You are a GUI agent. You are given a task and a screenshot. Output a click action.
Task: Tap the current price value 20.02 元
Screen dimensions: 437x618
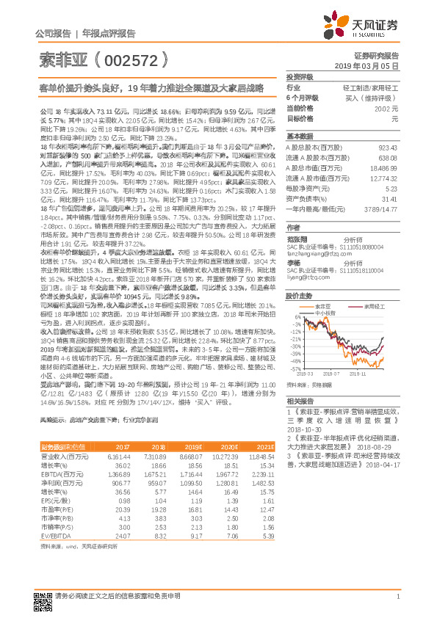385,107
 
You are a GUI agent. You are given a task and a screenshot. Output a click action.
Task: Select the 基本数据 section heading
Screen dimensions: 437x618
300,137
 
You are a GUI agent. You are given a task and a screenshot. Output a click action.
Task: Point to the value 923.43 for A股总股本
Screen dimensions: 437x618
387,148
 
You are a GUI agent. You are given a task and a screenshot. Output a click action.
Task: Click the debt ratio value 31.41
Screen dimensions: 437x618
389,197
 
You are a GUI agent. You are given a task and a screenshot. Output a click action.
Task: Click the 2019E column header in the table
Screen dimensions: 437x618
193,447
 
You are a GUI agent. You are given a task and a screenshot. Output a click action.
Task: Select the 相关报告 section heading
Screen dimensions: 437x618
300,401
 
